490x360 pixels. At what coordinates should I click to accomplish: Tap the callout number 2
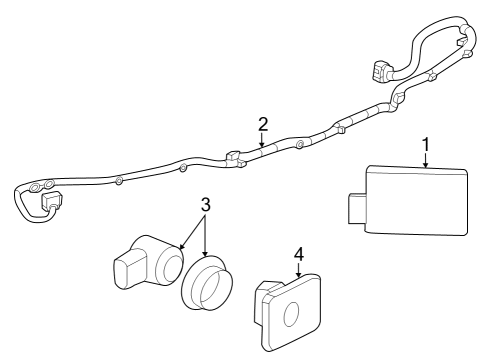tap(263, 124)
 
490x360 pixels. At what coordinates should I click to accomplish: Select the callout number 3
tap(204, 205)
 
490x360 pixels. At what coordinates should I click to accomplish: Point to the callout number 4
tap(298, 255)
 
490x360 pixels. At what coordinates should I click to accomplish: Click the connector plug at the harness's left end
tap(50, 203)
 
